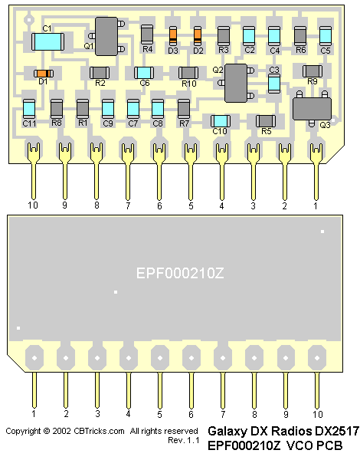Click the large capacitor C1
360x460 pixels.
tap(47, 41)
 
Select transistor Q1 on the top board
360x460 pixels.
tap(106, 36)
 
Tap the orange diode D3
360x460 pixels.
tap(173, 35)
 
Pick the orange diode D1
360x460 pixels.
tap(44, 73)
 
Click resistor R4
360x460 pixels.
tap(147, 34)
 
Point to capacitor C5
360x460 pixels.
tap(326, 36)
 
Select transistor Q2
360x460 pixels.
tap(236, 83)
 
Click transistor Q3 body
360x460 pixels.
tap(313, 109)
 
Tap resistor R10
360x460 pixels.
tap(188, 73)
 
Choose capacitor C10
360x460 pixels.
tap(221, 120)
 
